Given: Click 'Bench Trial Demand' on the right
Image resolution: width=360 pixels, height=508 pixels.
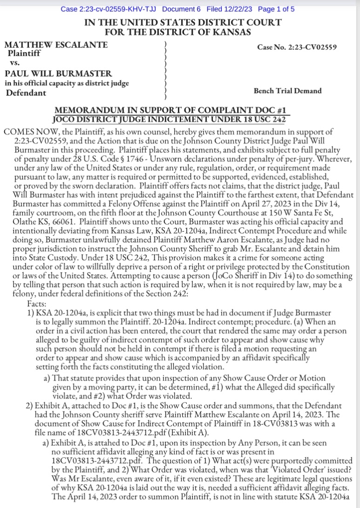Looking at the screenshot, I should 287,90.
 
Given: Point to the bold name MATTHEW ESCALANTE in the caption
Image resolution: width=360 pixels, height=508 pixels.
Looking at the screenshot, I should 56,45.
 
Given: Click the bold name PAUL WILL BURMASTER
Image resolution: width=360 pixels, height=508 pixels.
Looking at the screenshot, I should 58,74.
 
